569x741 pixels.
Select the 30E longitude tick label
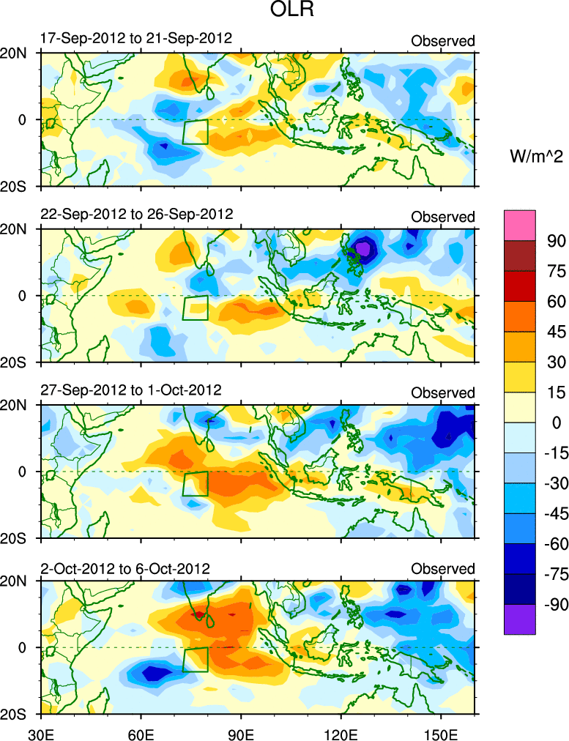[40, 732]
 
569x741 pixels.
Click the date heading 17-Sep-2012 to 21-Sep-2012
[135, 39]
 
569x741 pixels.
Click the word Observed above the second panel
[442, 217]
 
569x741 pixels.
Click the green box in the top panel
[195, 131]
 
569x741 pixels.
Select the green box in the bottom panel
[195, 659]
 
